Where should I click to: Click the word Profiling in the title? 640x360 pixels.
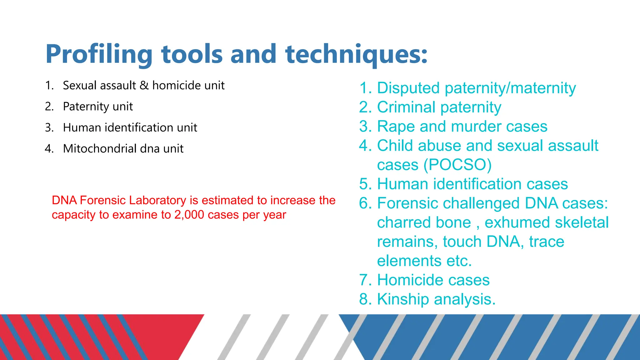pyautogui.click(x=99, y=55)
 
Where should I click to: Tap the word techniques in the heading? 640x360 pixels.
pyautogui.click(x=356, y=55)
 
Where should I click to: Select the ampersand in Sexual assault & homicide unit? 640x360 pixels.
pyautogui.click(x=144, y=85)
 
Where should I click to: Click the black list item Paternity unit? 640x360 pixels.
pyautogui.click(x=98, y=107)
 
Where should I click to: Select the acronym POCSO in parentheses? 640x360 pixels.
pyautogui.click(x=457, y=165)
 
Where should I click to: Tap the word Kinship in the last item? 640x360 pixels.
pyautogui.click(x=403, y=299)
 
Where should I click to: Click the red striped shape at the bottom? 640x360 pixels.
pyautogui.click(x=94, y=337)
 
